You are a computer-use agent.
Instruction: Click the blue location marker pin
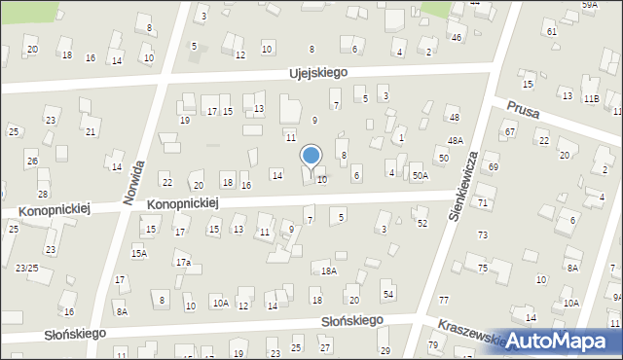click(311, 157)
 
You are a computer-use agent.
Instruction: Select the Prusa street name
click(523, 108)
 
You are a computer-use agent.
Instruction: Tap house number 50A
click(420, 175)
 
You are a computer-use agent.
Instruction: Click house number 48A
click(455, 141)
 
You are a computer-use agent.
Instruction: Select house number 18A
click(329, 271)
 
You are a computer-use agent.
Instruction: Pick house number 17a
click(182, 263)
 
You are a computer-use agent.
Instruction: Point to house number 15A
click(139, 254)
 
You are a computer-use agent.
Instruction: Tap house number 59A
click(590, 5)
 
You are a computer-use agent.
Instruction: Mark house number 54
click(387, 295)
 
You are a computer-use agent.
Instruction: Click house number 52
click(422, 224)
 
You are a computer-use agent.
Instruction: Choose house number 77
click(444, 301)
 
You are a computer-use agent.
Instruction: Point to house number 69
click(494, 167)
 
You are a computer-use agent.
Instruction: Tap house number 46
click(457, 38)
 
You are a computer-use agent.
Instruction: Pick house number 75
click(482, 269)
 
